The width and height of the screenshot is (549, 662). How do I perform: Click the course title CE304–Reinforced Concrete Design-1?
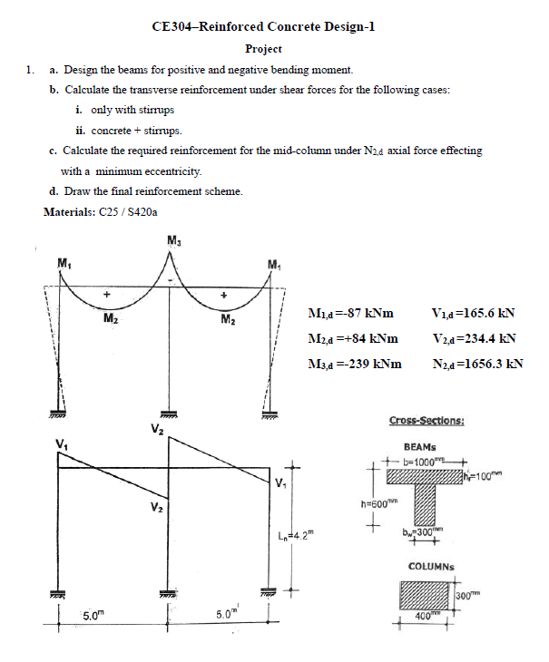263,26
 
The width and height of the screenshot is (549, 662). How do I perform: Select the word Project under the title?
263,49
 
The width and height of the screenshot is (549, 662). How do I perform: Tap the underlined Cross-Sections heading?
426,421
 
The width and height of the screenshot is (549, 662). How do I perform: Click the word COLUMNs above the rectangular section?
426,567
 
